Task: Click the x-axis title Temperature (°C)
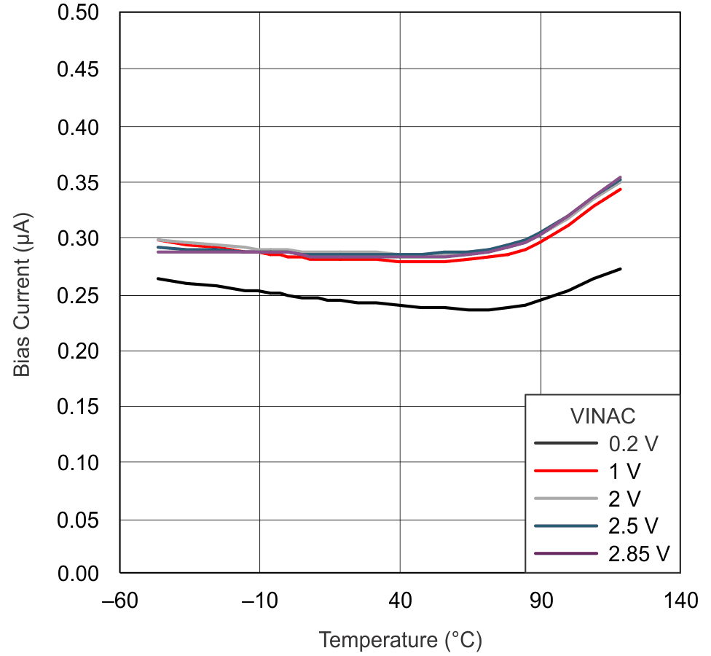[x=400, y=640]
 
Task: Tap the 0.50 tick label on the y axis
[x=79, y=13]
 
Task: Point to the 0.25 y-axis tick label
[x=79, y=294]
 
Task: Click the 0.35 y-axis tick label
[x=79, y=182]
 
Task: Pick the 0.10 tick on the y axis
[x=79, y=463]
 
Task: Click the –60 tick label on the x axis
[x=119, y=601]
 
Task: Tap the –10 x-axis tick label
[x=260, y=601]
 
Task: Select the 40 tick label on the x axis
[x=400, y=601]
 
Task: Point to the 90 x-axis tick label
[x=541, y=601]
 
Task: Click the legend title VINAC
[x=602, y=416]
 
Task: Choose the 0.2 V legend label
[x=634, y=443]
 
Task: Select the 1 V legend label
[x=625, y=471]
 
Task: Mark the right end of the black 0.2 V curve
[x=621, y=269]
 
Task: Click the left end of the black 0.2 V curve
[x=158, y=278]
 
